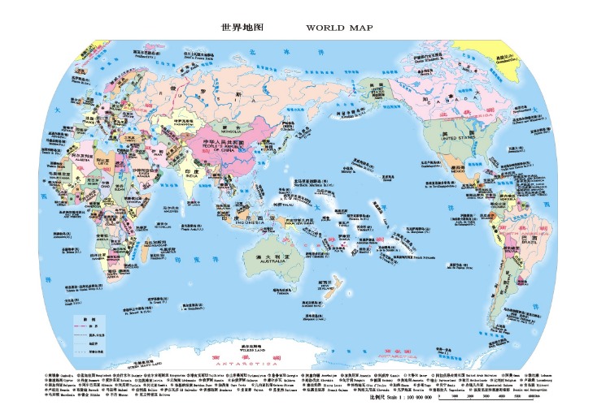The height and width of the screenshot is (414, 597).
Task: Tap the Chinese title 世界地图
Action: [243, 28]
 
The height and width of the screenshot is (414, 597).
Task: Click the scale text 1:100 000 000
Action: [408, 398]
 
